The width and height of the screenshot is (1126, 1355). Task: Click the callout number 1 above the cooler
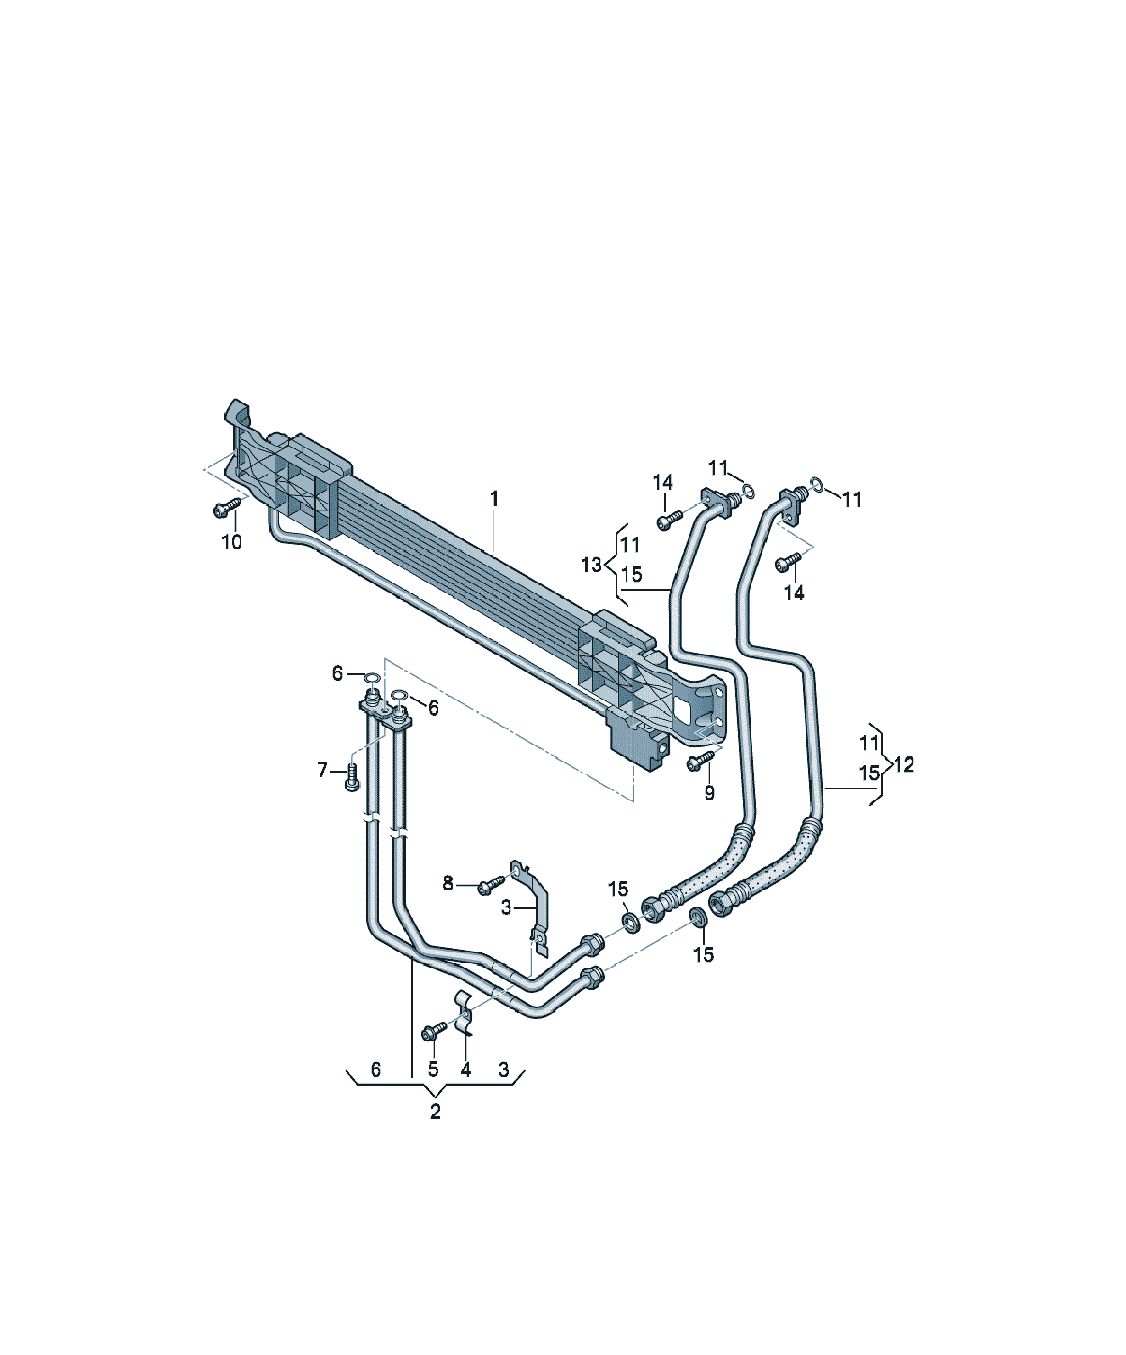(494, 498)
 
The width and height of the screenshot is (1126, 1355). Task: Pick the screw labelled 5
(433, 1030)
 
